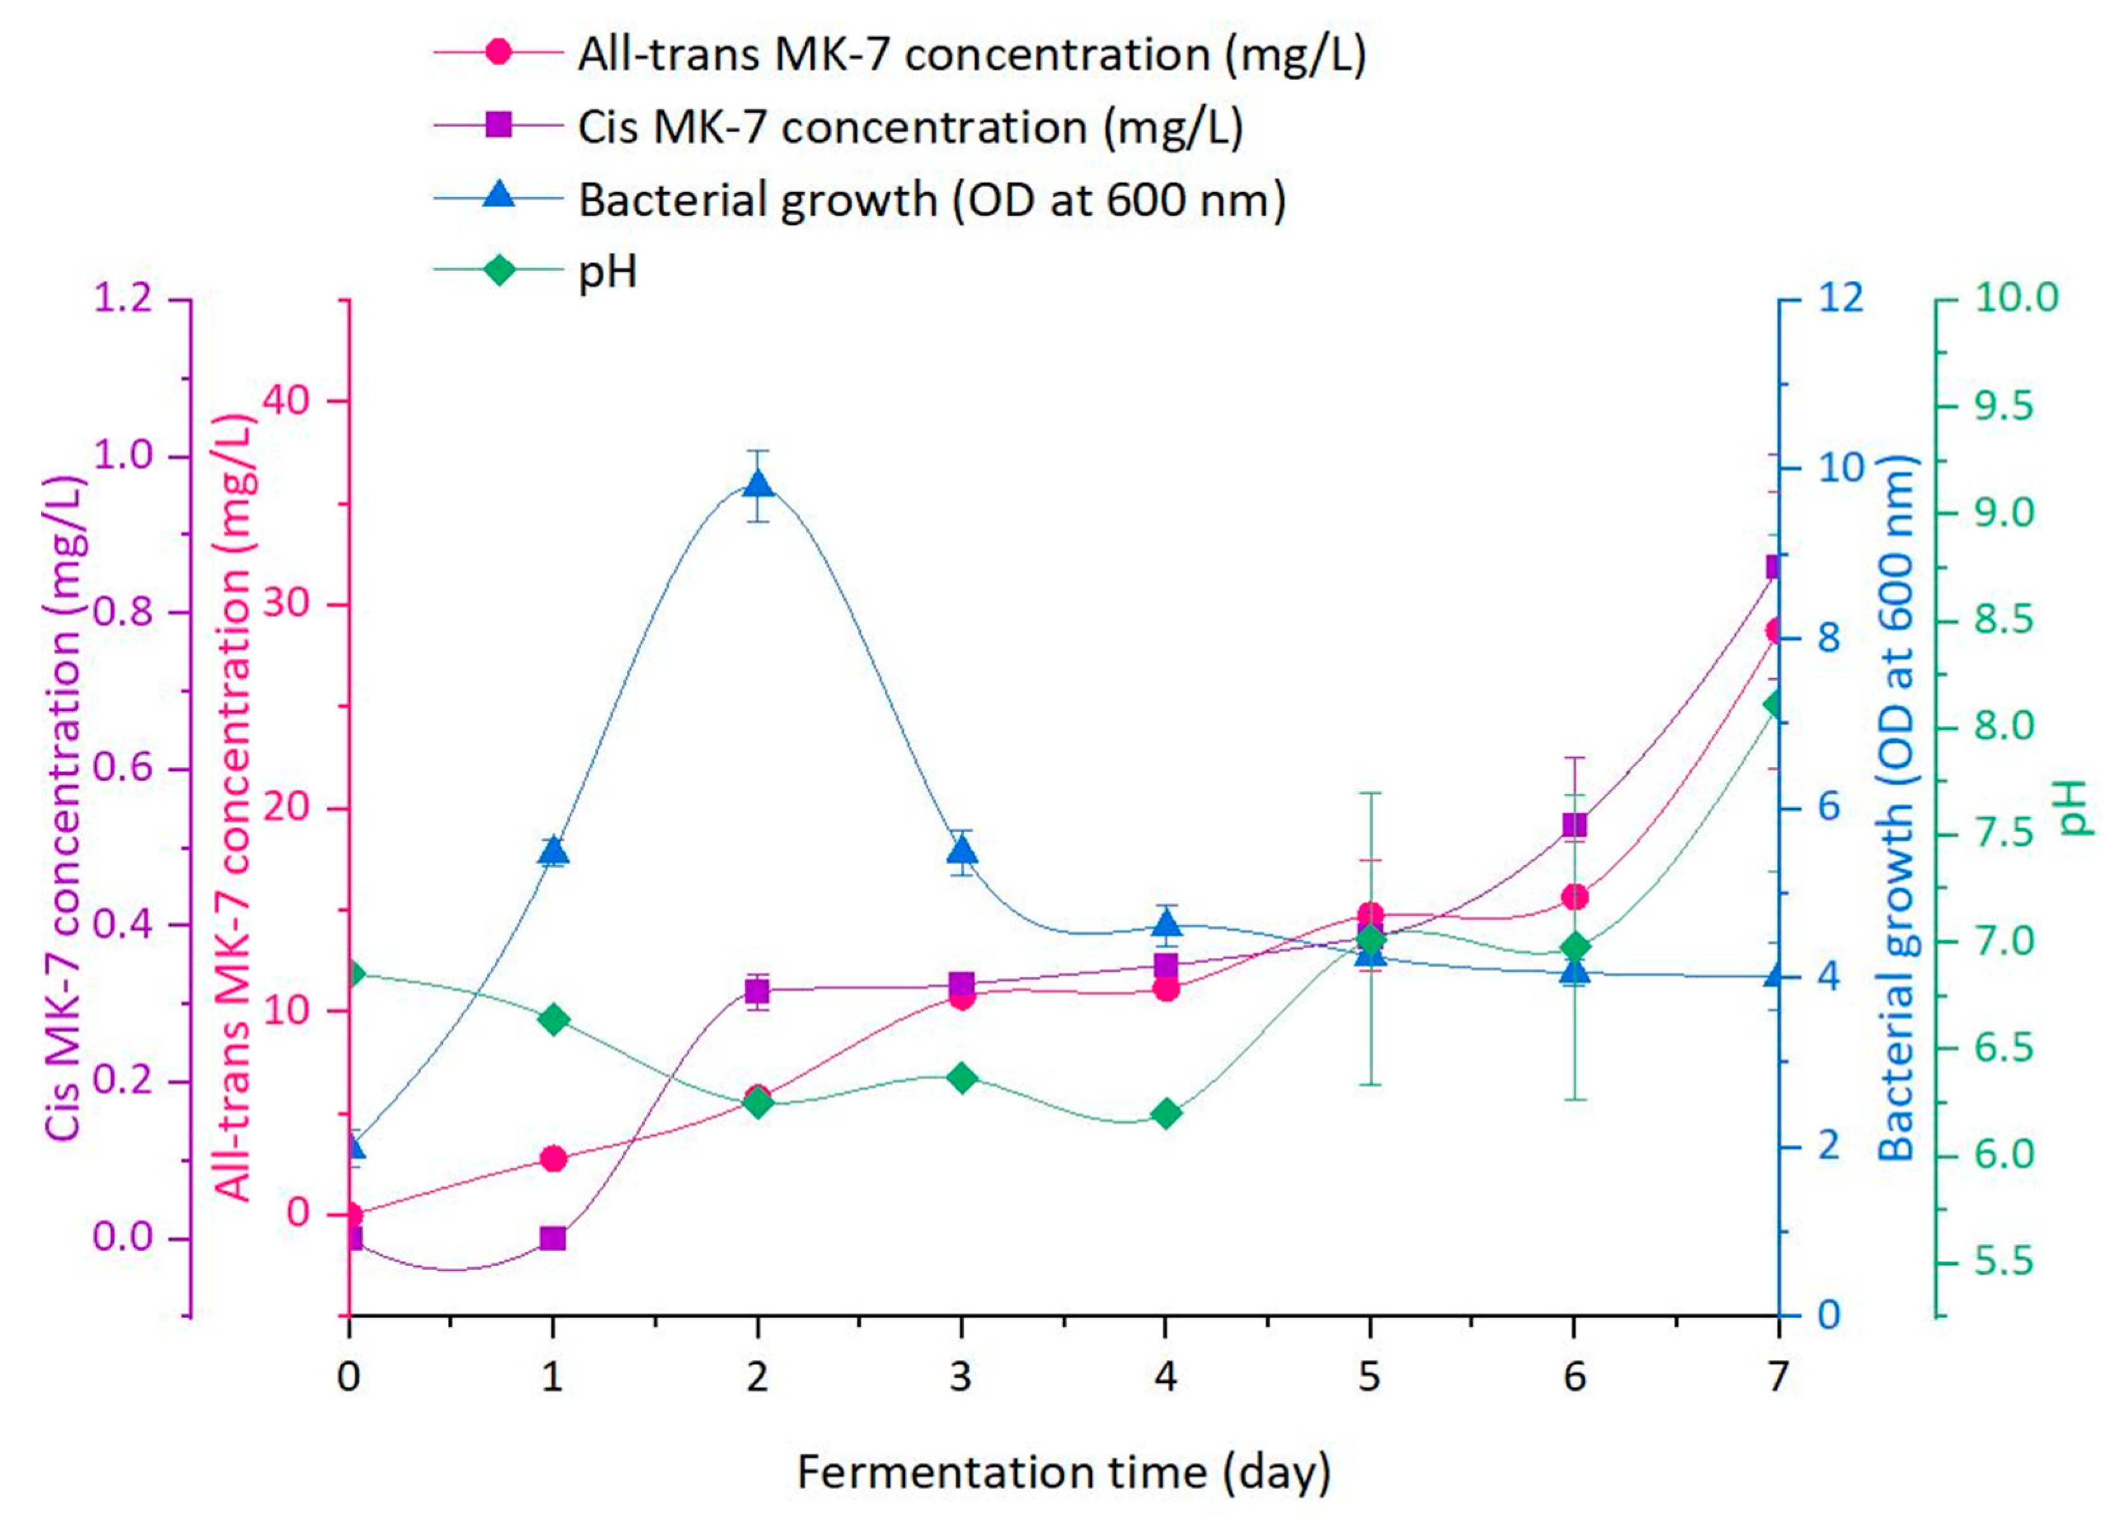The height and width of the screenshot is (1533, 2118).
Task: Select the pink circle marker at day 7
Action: (1776, 632)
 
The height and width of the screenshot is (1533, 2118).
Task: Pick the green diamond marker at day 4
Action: (1166, 1114)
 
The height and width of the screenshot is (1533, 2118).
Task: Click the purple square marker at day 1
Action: (553, 1239)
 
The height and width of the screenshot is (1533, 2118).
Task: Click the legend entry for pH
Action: (608, 273)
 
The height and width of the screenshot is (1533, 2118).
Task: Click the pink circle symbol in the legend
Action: (499, 52)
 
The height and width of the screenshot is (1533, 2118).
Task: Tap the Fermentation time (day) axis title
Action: (1063, 1473)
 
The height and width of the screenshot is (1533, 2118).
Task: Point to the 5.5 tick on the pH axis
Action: (2002, 1263)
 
